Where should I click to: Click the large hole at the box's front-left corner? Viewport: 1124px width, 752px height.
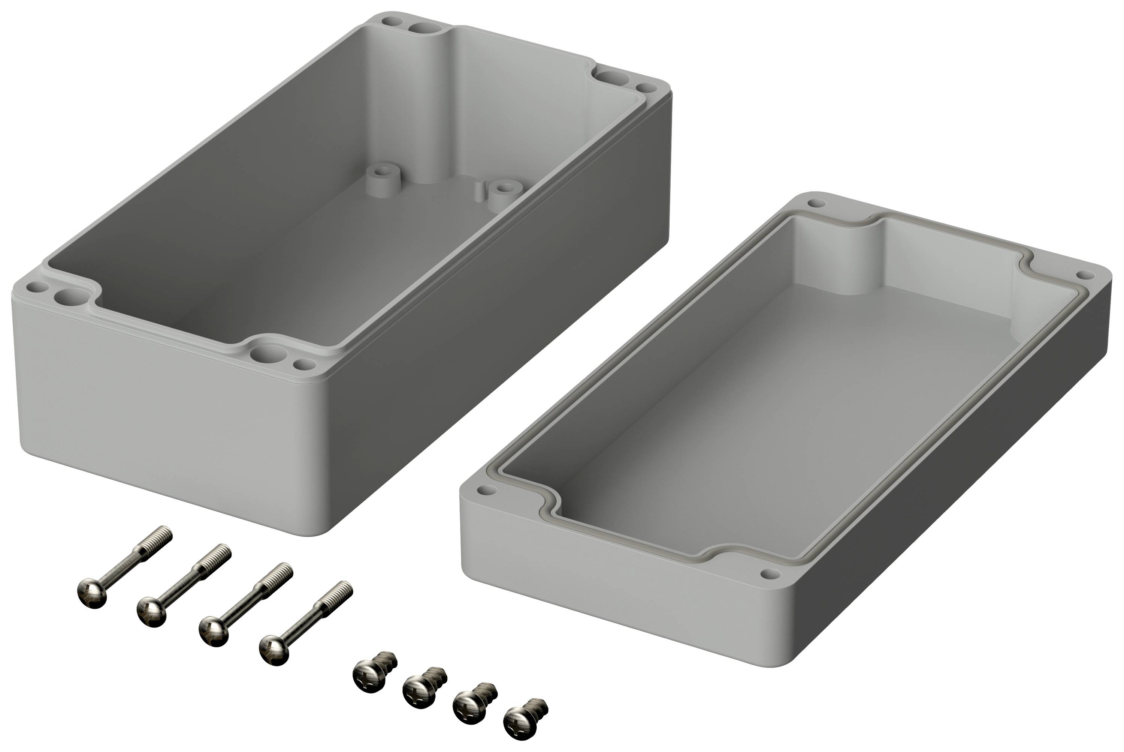(65, 298)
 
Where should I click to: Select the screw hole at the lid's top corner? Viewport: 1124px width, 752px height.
(813, 203)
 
